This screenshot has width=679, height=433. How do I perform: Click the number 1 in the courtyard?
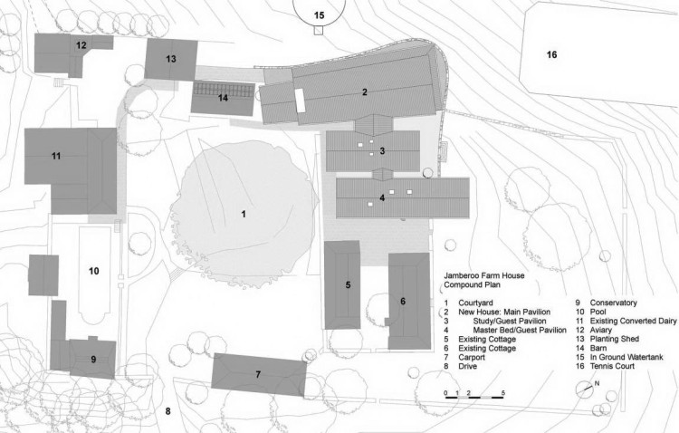click(244, 214)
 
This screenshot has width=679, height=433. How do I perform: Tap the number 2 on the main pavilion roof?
click(365, 91)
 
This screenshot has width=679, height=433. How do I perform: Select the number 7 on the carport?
click(258, 374)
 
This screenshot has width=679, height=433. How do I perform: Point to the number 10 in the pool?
click(94, 272)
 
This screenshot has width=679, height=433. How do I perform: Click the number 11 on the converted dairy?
click(56, 156)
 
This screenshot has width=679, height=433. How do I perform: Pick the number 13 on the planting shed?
click(171, 59)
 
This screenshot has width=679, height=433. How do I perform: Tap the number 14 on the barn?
click(223, 98)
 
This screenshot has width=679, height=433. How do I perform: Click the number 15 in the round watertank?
click(320, 15)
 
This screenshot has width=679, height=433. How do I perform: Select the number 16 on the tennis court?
click(551, 54)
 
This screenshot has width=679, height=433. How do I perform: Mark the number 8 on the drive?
click(168, 411)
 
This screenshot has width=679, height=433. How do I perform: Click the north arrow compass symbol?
click(586, 389)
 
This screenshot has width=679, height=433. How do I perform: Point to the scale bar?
click(473, 396)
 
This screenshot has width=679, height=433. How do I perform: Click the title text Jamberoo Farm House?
click(484, 275)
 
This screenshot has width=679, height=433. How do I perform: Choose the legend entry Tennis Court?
click(612, 366)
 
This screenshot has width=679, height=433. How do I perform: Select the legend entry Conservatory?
click(613, 303)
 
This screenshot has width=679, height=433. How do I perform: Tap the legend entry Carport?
click(472, 358)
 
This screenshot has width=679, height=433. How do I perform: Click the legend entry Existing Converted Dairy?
click(633, 322)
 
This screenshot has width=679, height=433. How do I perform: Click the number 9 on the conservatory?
click(93, 360)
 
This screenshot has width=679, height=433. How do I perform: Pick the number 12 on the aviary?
click(81, 44)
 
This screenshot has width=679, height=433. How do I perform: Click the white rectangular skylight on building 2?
click(300, 101)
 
